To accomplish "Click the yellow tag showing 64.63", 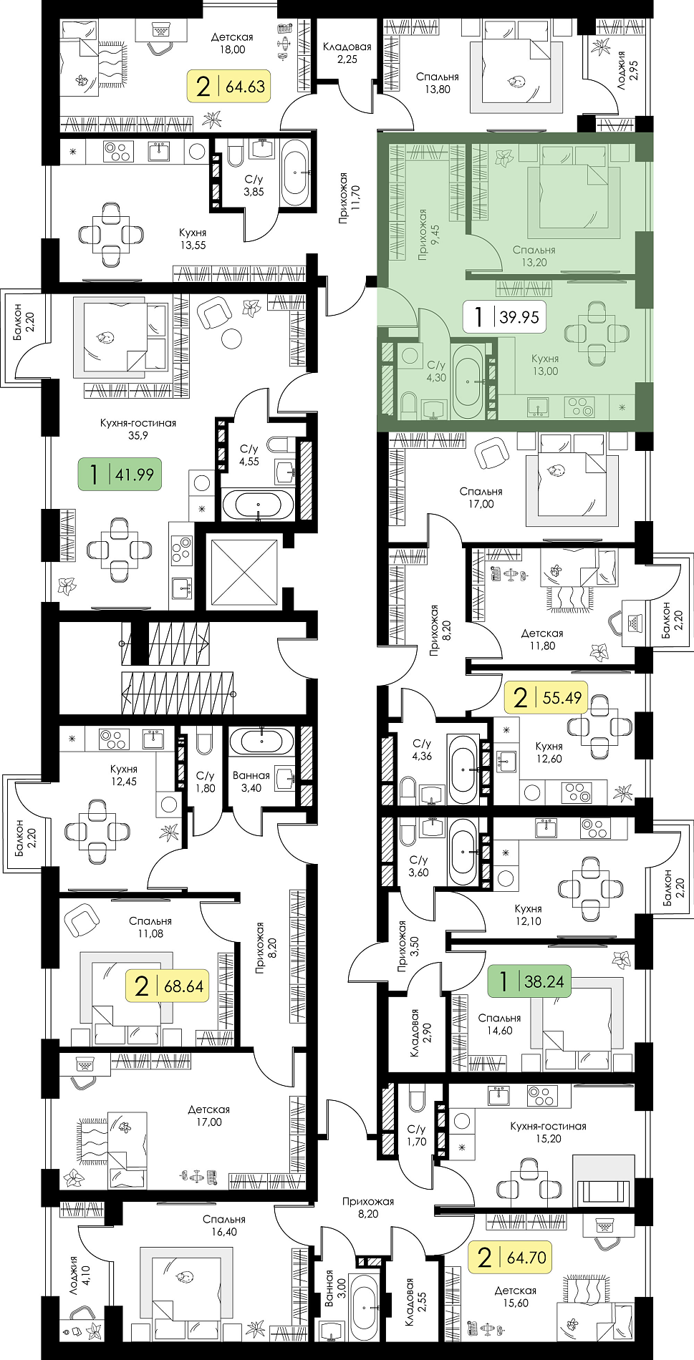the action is click(x=229, y=87).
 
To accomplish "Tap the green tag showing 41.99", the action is click(x=120, y=474).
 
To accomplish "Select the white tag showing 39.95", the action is click(x=504, y=316).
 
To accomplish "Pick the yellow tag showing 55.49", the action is click(x=546, y=697).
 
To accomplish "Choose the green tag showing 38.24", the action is click(x=529, y=981).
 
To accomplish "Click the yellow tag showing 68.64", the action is click(x=167, y=986).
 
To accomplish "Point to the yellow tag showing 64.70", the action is click(x=510, y=1257).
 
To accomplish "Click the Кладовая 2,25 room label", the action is click(x=347, y=53).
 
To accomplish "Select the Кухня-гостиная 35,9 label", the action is click(x=138, y=429).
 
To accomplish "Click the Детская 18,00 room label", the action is click(x=232, y=43).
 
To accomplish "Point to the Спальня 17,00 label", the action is click(x=481, y=497).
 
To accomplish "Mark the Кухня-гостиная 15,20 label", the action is click(x=548, y=1132).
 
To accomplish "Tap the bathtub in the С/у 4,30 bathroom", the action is click(x=468, y=381).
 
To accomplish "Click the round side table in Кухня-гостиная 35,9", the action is click(x=231, y=338).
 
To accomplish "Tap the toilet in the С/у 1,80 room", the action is click(x=204, y=741).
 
